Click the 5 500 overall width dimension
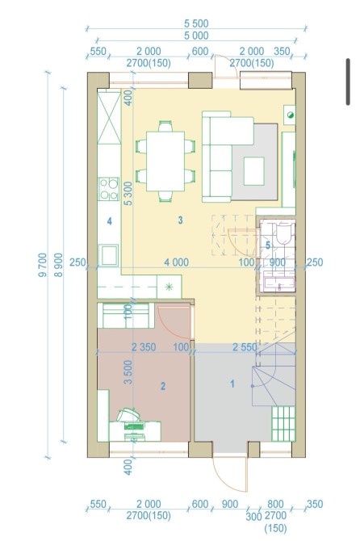[x=196, y=23]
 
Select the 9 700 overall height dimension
[x=43, y=265]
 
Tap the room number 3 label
[x=180, y=220]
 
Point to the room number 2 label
[x=163, y=386]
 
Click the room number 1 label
[x=232, y=384]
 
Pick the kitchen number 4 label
[x=109, y=220]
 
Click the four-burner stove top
[x=109, y=189]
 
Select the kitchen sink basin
[x=109, y=255]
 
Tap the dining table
[x=165, y=161]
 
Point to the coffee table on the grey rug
[x=254, y=171]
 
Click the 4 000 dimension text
[x=176, y=262]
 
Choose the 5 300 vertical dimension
[x=128, y=194]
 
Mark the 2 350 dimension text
[x=144, y=347]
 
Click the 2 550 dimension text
[x=245, y=347]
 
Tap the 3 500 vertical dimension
[x=128, y=372]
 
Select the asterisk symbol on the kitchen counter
[x=169, y=287]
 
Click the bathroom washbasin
[x=279, y=283]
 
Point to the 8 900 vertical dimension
[x=59, y=265]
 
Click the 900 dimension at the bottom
[x=230, y=504]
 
